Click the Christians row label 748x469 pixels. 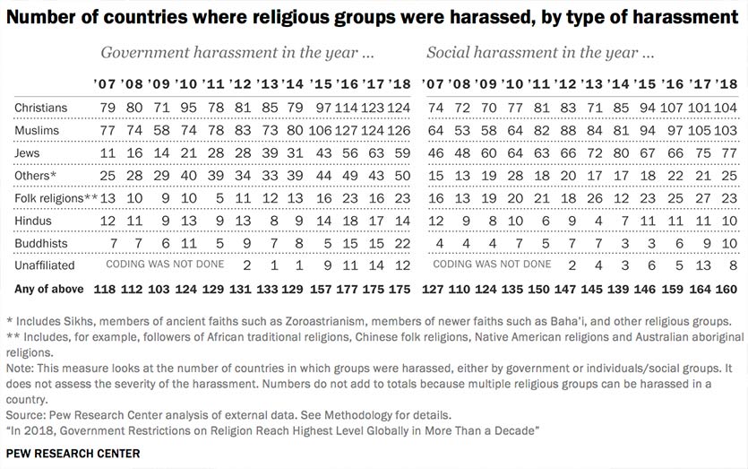[40, 109]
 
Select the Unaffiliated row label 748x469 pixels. [46, 265]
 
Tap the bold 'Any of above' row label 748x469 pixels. [49, 289]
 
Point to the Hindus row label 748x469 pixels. [33, 221]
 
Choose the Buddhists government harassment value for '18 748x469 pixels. [400, 243]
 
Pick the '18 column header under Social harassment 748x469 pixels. [727, 84]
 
